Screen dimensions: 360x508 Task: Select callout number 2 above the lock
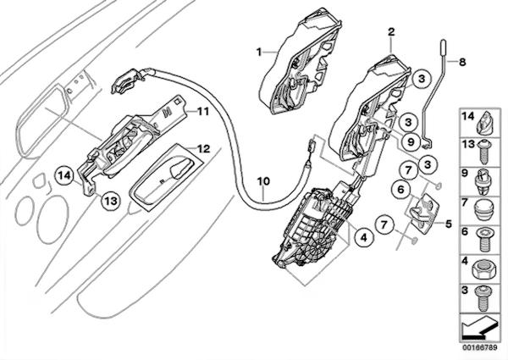pyautogui.click(x=391, y=31)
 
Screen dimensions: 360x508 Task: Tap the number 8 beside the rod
pyautogui.click(x=462, y=61)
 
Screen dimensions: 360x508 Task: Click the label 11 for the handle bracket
pyautogui.click(x=203, y=111)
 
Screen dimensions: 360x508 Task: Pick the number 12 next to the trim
pyautogui.click(x=202, y=147)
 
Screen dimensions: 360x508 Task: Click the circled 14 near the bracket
pyautogui.click(x=63, y=174)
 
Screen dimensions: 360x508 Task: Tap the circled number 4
pyautogui.click(x=362, y=240)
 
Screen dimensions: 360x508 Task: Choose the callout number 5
pyautogui.click(x=448, y=228)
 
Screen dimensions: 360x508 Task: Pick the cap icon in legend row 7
pyautogui.click(x=485, y=208)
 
